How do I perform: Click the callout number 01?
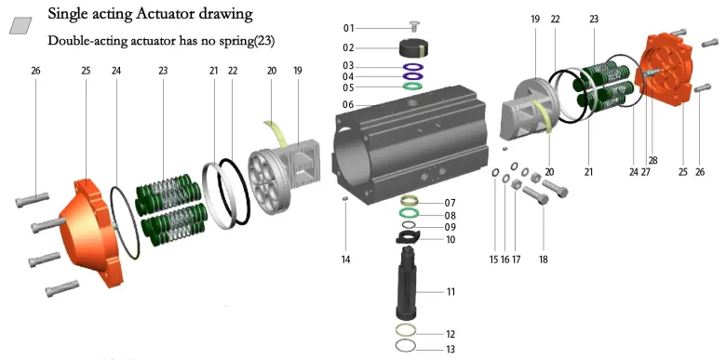coord(348,28)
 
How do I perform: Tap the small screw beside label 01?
coord(414,26)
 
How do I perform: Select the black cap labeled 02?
coord(413,47)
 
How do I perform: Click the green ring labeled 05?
coord(413,87)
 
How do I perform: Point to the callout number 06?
coord(348,105)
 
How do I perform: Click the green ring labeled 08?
coord(410,214)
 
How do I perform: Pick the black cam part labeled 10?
coord(408,237)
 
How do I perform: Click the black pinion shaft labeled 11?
coord(408,282)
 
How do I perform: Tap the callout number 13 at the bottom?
coord(450,349)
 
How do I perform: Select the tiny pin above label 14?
coord(345,198)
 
